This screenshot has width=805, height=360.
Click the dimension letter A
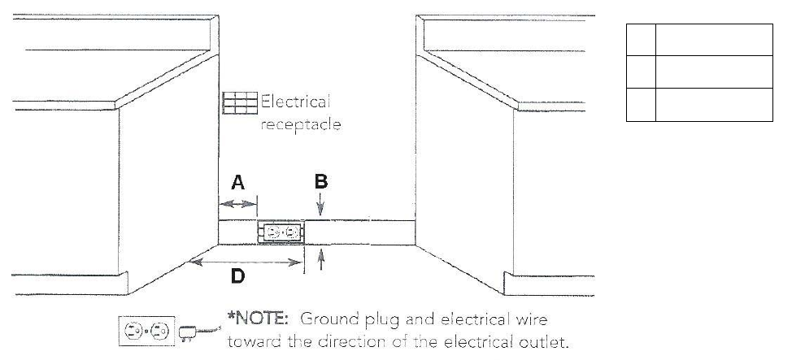point(237,183)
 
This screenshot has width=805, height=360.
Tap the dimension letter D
point(237,277)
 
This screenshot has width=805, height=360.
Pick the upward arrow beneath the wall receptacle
point(322,259)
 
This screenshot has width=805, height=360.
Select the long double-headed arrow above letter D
point(244,260)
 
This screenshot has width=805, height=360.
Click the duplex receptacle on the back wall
point(281,232)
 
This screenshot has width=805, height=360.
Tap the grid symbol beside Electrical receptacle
point(240,103)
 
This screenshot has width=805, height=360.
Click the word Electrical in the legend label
point(295,102)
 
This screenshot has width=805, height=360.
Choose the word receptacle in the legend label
point(301,125)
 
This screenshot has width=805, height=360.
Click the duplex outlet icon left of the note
point(146,332)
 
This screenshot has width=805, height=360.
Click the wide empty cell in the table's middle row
point(714,72)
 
